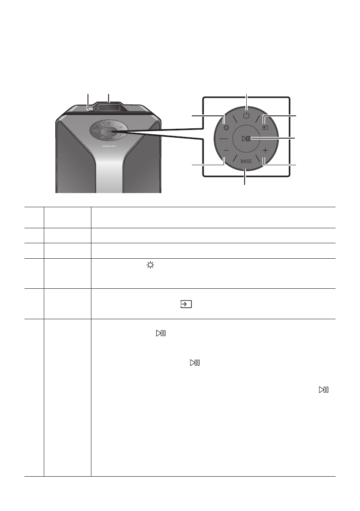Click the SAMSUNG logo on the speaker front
pyautogui.click(x=109, y=145)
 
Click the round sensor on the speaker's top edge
pyautogui.click(x=90, y=109)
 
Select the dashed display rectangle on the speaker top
pyautogui.click(x=109, y=109)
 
